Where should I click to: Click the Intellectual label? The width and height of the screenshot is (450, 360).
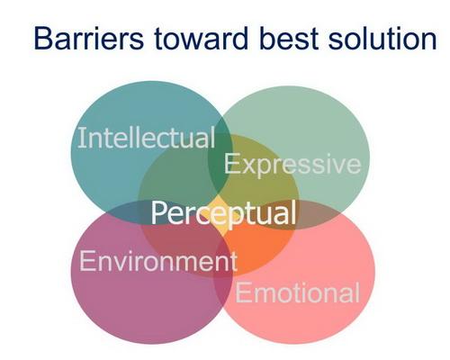[147, 138]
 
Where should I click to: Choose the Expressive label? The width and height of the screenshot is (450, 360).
[292, 164]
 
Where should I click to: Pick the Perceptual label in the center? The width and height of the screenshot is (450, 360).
[223, 213]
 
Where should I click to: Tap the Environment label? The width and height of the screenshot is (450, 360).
[158, 261]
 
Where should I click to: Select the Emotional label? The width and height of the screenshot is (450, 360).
[297, 292]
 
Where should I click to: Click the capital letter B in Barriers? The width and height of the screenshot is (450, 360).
[43, 39]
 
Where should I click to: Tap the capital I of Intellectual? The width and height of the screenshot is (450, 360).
[79, 138]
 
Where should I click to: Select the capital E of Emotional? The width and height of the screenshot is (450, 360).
[242, 293]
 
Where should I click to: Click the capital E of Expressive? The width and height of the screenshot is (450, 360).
[231, 164]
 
